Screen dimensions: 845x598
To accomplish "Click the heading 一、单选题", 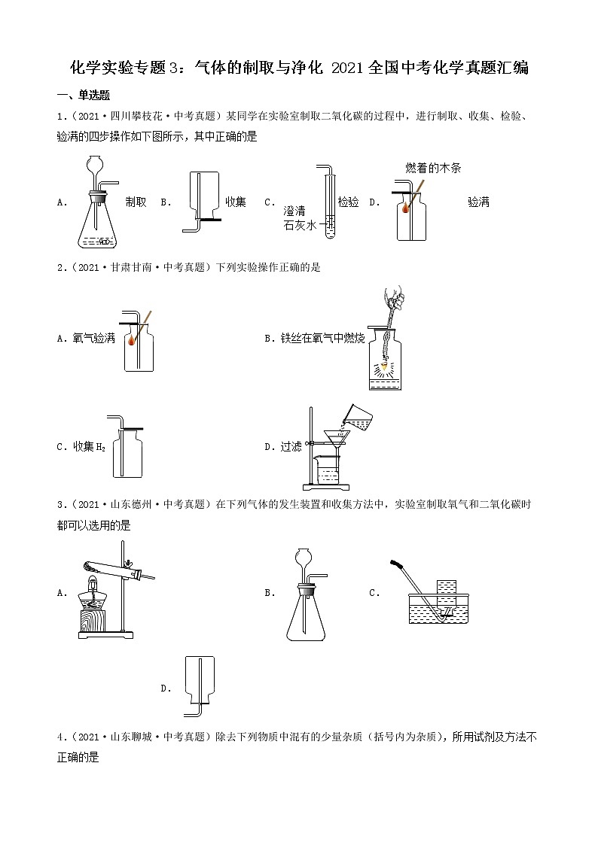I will point(84,95).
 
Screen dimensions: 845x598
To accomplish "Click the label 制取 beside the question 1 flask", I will point(136,202).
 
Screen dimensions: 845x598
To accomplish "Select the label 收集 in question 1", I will point(236,202).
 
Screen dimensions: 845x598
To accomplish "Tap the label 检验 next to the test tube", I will point(348,202).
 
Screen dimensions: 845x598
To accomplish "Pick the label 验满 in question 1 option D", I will point(478,202).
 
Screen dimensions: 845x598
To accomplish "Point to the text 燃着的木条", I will point(432,169).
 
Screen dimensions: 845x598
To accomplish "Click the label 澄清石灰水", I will point(299,217).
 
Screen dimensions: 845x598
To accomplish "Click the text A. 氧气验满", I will point(86,339).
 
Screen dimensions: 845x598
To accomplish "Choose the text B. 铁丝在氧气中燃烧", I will point(314,339).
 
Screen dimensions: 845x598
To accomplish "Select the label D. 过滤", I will point(283,446).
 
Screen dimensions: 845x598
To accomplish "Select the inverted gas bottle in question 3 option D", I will point(199,678).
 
